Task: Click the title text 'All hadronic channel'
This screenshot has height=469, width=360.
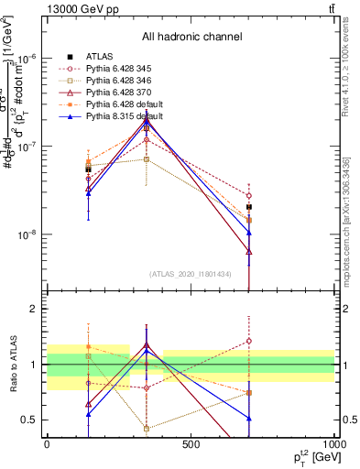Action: pos(191,38)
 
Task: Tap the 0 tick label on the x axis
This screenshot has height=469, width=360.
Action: pos(47,444)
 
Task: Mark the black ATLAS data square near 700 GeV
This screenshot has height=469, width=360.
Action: pos(249,207)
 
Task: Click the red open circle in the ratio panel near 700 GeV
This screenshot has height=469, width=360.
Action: pos(249,341)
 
